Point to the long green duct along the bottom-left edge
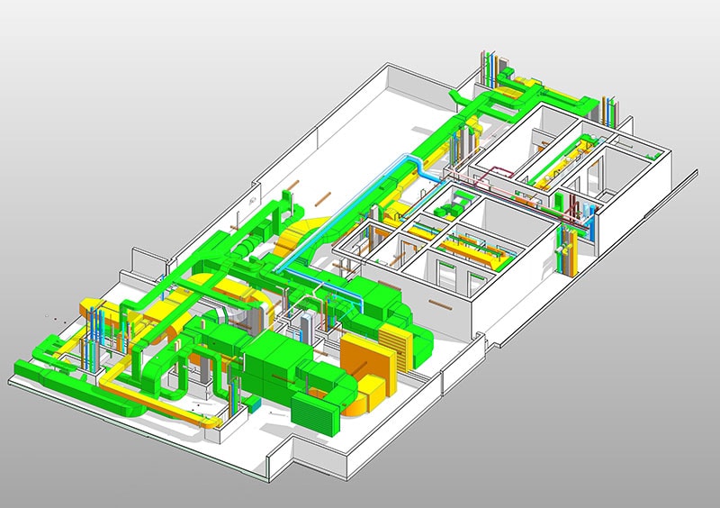coord(54,377)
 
